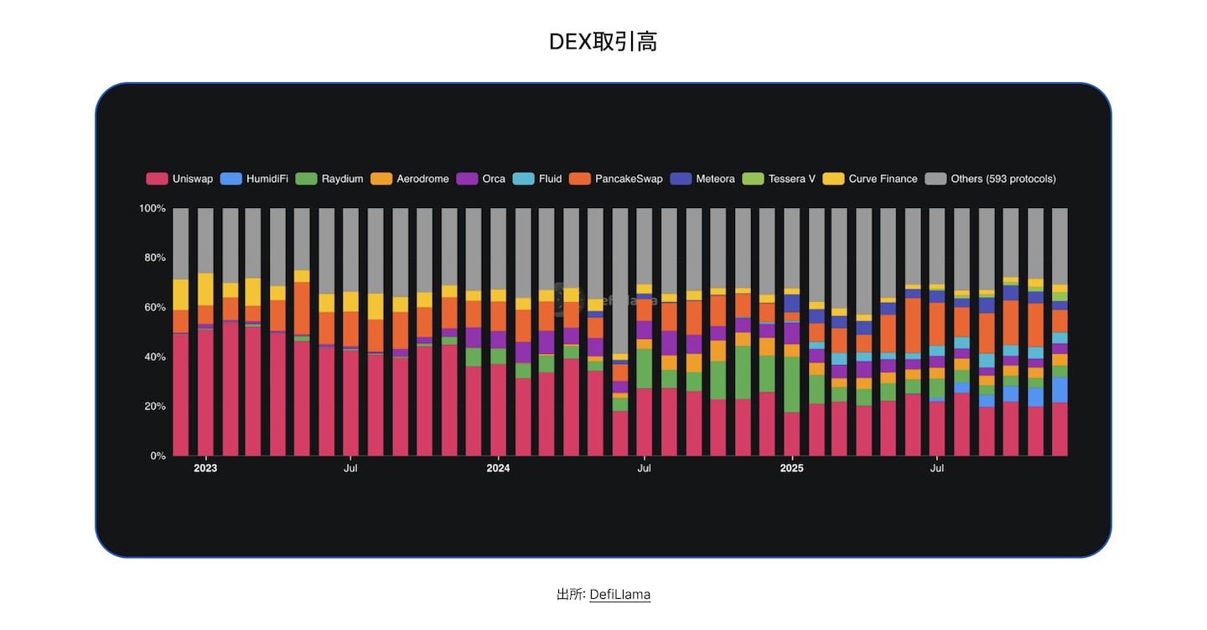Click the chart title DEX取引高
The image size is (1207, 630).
603,42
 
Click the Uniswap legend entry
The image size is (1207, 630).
180,179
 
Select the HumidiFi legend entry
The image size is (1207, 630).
255,179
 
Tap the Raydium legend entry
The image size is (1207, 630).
331,179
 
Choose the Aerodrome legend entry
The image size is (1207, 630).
410,179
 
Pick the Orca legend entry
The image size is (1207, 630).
482,179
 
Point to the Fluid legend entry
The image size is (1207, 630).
538,179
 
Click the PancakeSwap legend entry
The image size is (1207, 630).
616,179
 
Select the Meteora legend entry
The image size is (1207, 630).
703,179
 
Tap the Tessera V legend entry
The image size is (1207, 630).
780,179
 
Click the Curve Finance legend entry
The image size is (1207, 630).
870,179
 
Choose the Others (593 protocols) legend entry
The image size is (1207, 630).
992,179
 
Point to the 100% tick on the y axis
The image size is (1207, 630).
152,208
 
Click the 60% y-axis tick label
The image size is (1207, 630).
154,307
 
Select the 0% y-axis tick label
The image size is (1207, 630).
158,456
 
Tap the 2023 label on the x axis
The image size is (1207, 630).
205,468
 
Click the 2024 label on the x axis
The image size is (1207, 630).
498,468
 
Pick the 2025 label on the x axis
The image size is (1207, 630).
791,468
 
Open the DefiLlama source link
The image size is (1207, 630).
619,595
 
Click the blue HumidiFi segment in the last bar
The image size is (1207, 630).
1059,390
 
